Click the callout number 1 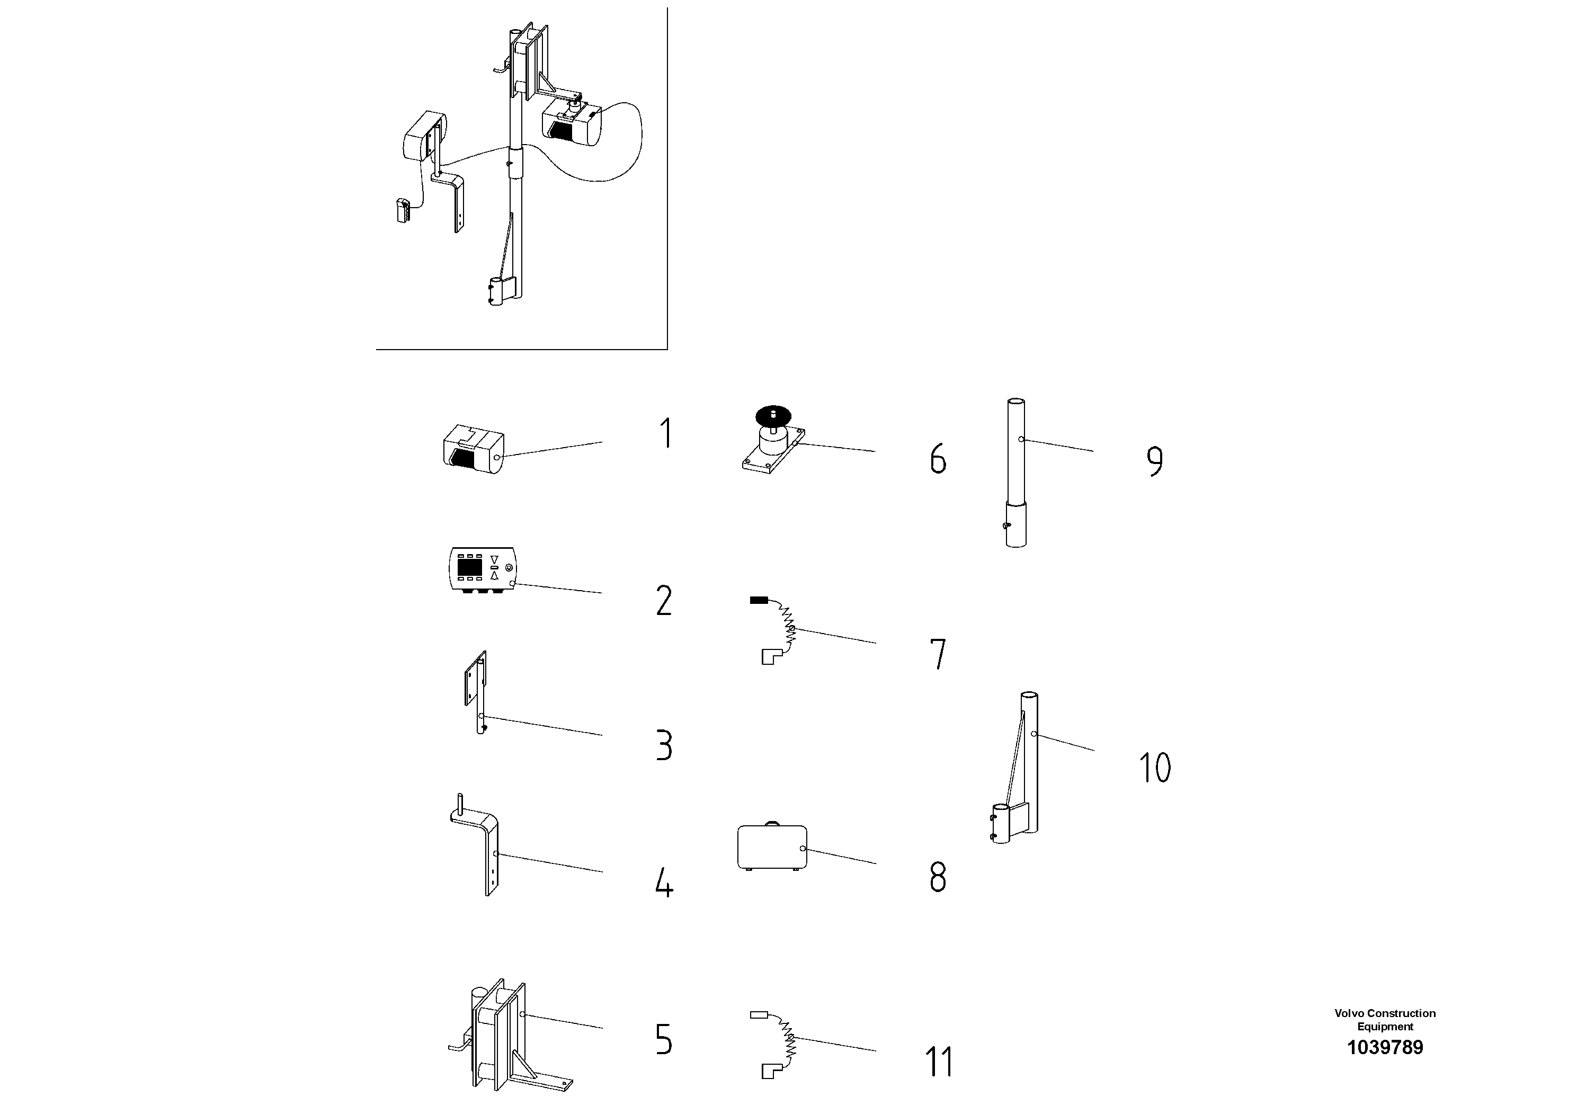coord(665,433)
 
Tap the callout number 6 coord(938,459)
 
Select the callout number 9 coord(1155,461)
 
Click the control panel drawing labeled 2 coord(482,569)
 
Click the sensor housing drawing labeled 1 coord(473,449)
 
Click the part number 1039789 coord(1385,1047)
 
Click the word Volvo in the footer coord(1348,1013)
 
